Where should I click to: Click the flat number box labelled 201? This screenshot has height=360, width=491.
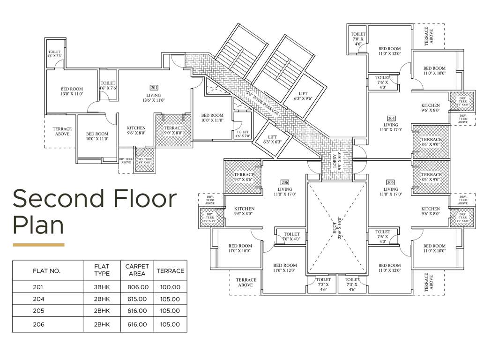pyautogui.click(x=154, y=88)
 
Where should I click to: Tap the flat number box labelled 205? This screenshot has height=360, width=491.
pyautogui.click(x=391, y=182)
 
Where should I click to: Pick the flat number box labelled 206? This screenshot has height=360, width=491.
pyautogui.click(x=284, y=182)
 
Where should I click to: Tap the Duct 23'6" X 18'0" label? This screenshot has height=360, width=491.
pyautogui.click(x=336, y=228)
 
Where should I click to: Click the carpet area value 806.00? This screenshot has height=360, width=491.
pyautogui.click(x=137, y=287)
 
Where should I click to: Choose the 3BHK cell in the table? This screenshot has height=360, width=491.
pyautogui.click(x=102, y=287)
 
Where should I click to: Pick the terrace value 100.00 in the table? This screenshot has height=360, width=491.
pyautogui.click(x=170, y=287)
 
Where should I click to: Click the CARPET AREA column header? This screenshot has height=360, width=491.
pyautogui.click(x=137, y=270)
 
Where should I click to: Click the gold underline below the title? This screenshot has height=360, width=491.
pyautogui.click(x=38, y=245)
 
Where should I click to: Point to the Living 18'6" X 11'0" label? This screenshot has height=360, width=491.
pyautogui.click(x=154, y=98)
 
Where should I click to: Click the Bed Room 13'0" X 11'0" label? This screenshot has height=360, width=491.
pyautogui.click(x=72, y=91)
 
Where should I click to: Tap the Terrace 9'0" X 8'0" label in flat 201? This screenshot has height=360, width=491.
pyautogui.click(x=173, y=131)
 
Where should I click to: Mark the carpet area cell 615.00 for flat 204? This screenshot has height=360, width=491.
pyautogui.click(x=137, y=299)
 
